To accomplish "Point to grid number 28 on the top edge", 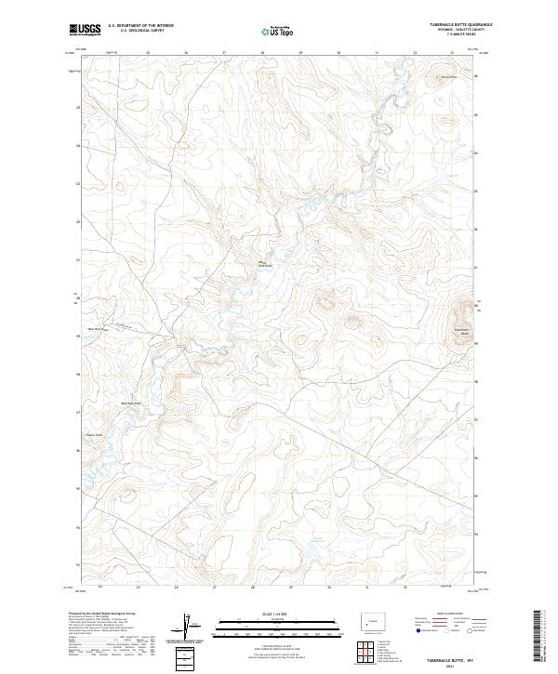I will [263, 52].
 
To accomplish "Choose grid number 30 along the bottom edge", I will [328, 588].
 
